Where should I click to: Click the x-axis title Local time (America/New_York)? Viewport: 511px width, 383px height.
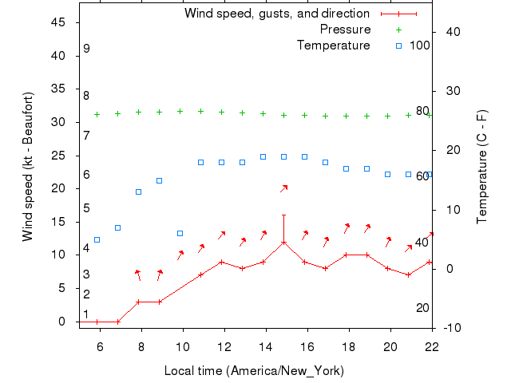pos(253,370)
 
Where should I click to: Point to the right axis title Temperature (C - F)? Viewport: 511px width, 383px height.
pos(482,167)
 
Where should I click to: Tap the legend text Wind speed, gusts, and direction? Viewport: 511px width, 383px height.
pos(276,14)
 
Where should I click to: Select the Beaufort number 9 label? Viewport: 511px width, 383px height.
pos(86,49)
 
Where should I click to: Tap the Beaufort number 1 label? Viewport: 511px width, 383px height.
pos(86,314)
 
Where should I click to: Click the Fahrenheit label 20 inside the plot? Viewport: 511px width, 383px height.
pos(422,308)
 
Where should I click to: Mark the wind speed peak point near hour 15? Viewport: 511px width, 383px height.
pos(283,242)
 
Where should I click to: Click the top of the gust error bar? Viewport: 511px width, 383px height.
pos(283,215)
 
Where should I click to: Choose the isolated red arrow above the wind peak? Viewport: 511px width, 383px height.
pos(283,188)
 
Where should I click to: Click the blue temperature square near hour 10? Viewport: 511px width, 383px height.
pos(180,234)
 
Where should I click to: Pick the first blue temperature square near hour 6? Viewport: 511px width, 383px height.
pos(97,239)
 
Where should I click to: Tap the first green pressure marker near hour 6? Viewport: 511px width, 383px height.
pos(97,114)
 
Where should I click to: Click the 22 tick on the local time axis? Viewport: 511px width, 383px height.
pos(432,345)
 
